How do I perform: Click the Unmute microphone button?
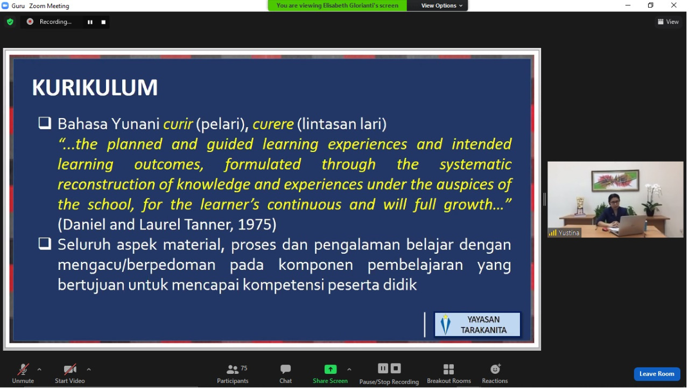(x=23, y=374)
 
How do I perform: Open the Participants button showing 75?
(x=233, y=374)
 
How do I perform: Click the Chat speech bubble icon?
(x=285, y=369)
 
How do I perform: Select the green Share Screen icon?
(x=331, y=369)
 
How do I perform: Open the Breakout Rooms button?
(x=449, y=374)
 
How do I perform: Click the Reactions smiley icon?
(x=495, y=369)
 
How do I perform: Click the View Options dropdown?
(x=441, y=5)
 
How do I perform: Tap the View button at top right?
(x=668, y=22)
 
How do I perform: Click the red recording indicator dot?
(x=30, y=22)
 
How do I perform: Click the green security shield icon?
(x=10, y=22)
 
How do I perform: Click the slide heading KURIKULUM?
(x=95, y=88)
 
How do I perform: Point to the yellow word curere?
(x=273, y=124)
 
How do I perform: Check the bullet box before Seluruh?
(x=45, y=244)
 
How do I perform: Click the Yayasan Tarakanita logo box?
(x=477, y=325)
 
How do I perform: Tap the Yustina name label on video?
(x=569, y=233)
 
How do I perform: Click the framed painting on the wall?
(x=615, y=180)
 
